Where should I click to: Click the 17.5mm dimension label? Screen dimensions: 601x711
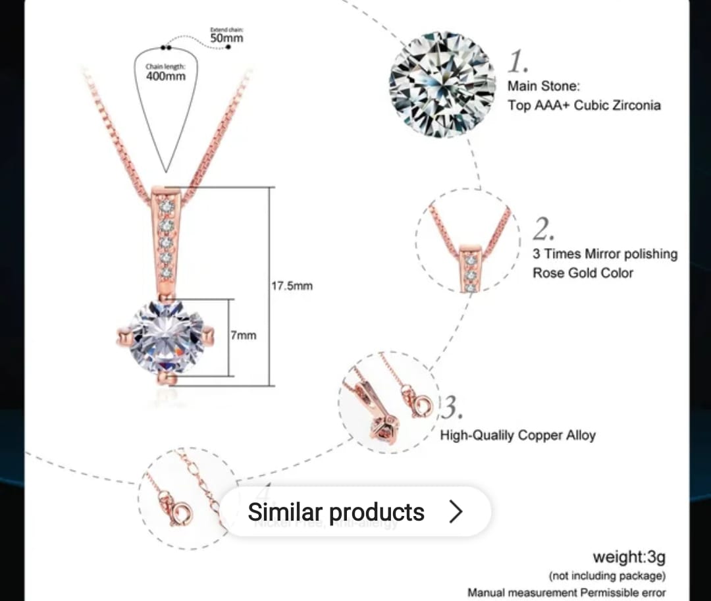point(292,286)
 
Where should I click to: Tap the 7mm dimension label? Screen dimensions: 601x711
point(243,335)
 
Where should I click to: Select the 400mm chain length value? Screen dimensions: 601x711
point(166,76)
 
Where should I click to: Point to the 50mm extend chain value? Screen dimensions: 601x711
point(226,38)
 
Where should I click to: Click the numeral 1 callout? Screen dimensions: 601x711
point(518,63)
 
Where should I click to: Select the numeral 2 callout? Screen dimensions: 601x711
point(544,230)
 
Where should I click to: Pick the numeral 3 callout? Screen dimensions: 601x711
point(452,408)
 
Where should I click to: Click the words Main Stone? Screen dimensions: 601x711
point(543,86)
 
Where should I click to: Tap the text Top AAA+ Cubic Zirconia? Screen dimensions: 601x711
point(584,105)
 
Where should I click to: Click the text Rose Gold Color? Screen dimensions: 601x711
point(583,273)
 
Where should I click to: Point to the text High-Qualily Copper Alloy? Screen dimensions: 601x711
point(517,435)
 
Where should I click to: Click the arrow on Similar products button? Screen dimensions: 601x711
point(456,511)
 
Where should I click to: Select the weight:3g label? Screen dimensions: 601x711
point(629,558)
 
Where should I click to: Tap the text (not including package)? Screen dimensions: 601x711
point(607,576)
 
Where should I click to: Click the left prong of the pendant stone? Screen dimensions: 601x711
point(122,338)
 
